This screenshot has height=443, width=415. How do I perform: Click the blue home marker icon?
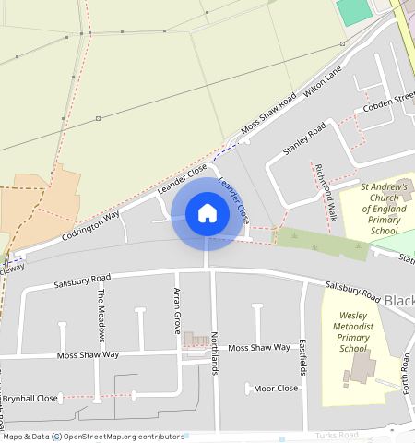(x=207, y=214)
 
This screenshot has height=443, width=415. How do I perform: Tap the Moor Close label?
(x=276, y=389)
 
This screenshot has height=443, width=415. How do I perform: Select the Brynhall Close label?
(x=30, y=398)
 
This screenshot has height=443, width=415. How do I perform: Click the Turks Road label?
(x=337, y=434)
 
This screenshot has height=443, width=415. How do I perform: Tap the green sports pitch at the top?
(x=352, y=11)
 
